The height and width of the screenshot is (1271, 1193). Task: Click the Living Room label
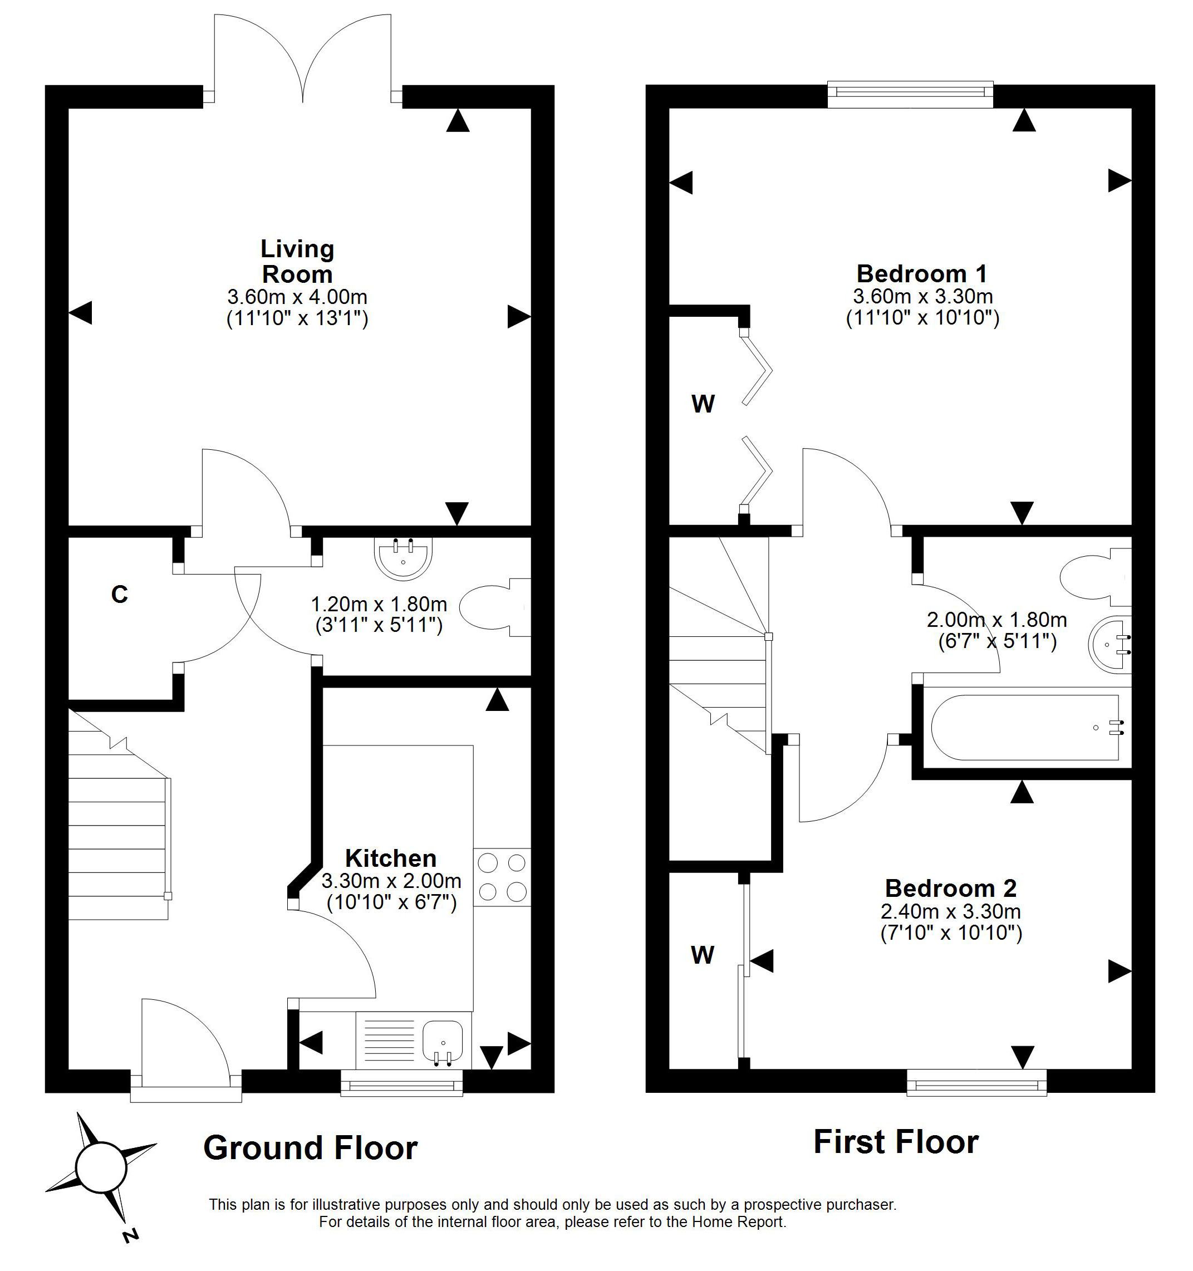point(297,261)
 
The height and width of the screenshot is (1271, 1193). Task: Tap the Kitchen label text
point(391,857)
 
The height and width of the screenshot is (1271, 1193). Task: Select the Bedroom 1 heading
point(922,274)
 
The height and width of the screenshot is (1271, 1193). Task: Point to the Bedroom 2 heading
point(951,888)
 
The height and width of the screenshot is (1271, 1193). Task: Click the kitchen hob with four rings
point(502,876)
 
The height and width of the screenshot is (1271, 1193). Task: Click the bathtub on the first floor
point(1025,728)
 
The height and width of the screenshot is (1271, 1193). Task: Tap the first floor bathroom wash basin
point(1110,644)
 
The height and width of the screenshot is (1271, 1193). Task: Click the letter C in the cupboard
point(120,595)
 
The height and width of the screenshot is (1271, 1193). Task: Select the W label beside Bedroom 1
point(703,404)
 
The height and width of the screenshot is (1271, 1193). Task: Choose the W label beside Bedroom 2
point(703,955)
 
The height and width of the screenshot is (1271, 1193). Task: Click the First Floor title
point(896,1141)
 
